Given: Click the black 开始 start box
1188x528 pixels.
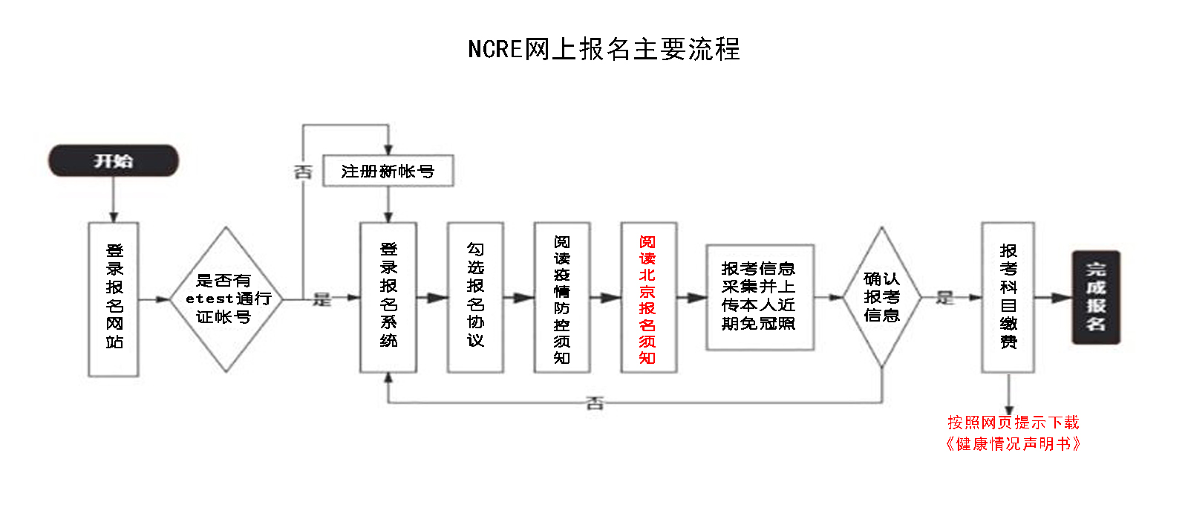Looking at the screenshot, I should pyautogui.click(x=114, y=161).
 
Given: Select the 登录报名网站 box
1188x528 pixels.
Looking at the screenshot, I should pyautogui.click(x=114, y=299).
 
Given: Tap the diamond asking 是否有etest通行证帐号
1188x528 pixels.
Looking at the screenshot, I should pyautogui.click(x=226, y=299).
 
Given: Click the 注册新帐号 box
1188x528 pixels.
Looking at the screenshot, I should pyautogui.click(x=388, y=172).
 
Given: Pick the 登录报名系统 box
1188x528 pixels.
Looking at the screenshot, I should pyautogui.click(x=388, y=297).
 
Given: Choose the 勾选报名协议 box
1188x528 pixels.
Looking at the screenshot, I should pyautogui.click(x=475, y=297).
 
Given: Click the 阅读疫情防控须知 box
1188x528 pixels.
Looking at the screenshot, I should pyautogui.click(x=562, y=297).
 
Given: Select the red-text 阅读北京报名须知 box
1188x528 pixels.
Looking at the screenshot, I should pyautogui.click(x=648, y=297).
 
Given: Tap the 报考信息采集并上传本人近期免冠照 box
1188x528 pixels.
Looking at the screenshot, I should pyautogui.click(x=759, y=296).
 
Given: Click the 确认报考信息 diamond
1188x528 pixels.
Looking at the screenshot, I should pyautogui.click(x=881, y=297).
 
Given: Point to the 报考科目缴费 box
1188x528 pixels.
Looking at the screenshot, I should pyautogui.click(x=1008, y=297).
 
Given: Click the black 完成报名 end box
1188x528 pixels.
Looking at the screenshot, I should pyautogui.click(x=1095, y=297).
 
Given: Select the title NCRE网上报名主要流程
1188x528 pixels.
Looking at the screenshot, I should pyautogui.click(x=604, y=49).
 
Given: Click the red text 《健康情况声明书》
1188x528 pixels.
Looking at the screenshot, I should pyautogui.click(x=1013, y=444).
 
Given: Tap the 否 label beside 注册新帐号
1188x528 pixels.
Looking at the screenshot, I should pyautogui.click(x=303, y=172).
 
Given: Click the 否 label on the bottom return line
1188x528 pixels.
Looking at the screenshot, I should pyautogui.click(x=595, y=403).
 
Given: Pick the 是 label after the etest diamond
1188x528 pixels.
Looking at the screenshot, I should pyautogui.click(x=322, y=299).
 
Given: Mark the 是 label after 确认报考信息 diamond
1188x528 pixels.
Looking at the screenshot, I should pyautogui.click(x=944, y=298).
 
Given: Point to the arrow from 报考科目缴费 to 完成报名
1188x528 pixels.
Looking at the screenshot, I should pyautogui.click(x=1053, y=298).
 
